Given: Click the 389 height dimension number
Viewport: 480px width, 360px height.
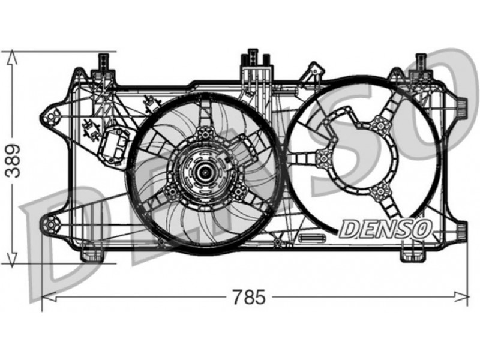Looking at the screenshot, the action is point(13,161).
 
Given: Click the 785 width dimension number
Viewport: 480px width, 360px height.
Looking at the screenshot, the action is point(248,297).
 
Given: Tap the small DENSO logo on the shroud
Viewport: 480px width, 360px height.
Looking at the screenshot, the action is point(385,229).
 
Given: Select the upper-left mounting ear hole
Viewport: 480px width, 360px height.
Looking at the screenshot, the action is point(51,116).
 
